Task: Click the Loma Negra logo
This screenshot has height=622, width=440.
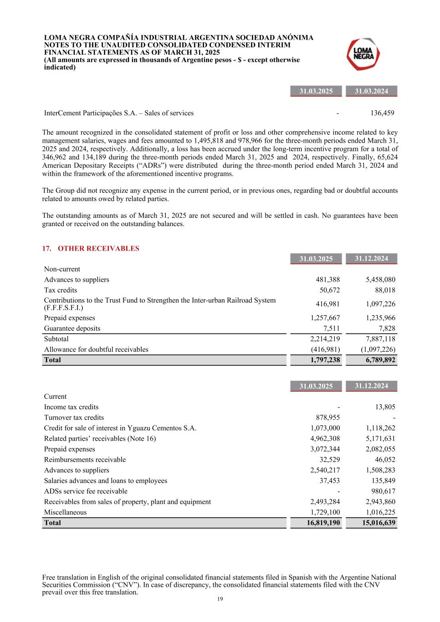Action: [363, 54]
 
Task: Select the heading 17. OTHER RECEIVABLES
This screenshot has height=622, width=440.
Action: [91, 248]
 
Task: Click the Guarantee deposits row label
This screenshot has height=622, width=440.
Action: [72, 329]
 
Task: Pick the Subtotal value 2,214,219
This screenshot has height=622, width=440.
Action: [325, 339]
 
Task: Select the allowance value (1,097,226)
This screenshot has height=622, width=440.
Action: [378, 350]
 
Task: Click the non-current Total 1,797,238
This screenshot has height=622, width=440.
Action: [325, 360]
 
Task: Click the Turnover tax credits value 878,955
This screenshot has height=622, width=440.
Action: [327, 417]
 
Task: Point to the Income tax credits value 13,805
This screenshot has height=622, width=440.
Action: [385, 407]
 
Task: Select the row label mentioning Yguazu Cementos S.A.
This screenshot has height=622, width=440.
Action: [120, 428]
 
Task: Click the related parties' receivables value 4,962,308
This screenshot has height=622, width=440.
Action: [325, 438]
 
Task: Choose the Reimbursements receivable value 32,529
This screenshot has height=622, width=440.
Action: [329, 460]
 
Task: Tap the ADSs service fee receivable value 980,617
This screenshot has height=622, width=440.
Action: [383, 491]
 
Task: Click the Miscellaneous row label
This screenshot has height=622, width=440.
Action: [65, 512]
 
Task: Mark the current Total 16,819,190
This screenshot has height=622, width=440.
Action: [323, 523]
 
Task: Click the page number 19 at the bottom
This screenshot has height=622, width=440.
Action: [220, 599]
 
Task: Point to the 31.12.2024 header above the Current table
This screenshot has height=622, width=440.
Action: [371, 386]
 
